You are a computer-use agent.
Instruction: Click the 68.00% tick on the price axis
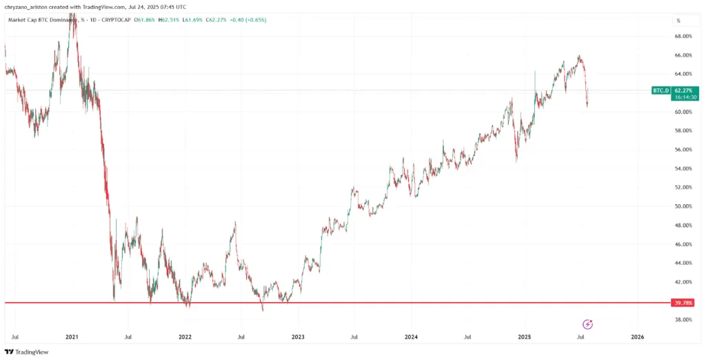(683, 36)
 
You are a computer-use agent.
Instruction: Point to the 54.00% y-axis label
(683, 168)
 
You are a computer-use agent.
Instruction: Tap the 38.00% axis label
(683, 320)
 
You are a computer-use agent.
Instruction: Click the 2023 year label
(298, 338)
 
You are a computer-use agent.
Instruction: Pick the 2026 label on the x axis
(638, 338)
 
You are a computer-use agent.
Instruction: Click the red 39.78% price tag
(683, 303)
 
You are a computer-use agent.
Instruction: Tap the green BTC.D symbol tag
(660, 90)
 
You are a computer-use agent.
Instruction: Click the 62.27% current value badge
(683, 90)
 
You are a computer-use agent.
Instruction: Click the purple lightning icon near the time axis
(587, 323)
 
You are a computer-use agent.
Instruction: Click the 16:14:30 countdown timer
(683, 97)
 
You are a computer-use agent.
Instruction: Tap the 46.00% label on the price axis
(683, 244)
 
